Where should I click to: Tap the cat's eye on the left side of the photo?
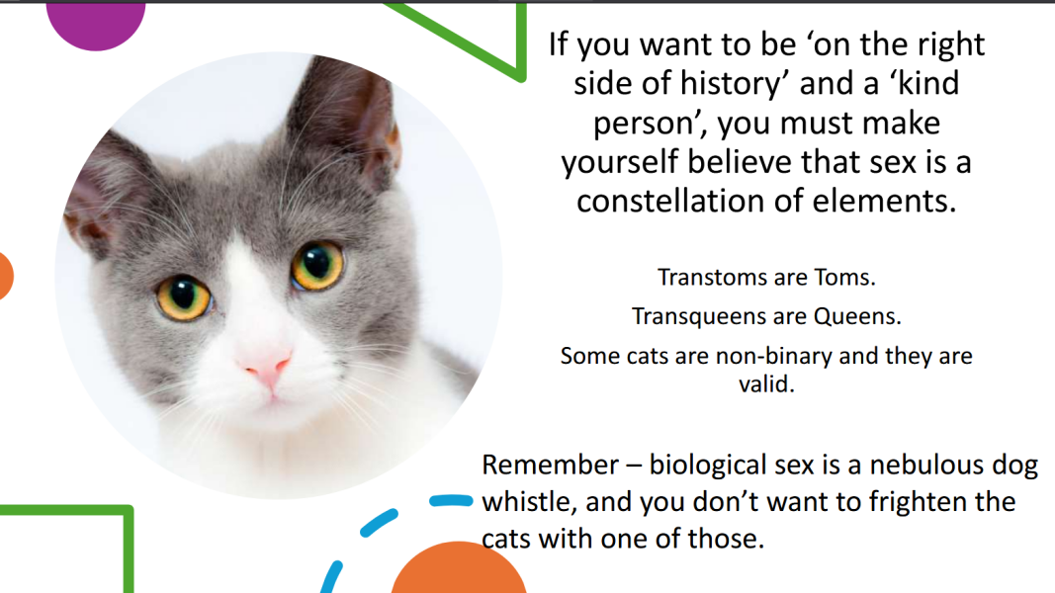tap(183, 296)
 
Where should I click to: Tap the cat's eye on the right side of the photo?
tap(317, 266)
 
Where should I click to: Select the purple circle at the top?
tap(96, 24)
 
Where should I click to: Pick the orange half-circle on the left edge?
tap(5, 276)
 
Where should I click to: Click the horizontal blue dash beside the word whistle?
tap(452, 500)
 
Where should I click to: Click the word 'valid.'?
tap(766, 383)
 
